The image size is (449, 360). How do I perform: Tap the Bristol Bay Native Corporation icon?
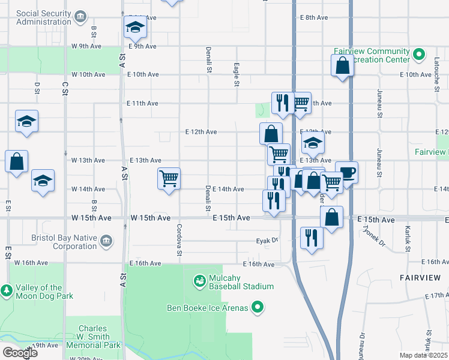pyautogui.click(x=106, y=241)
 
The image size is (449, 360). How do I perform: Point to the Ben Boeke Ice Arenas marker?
pyautogui.click(x=258, y=308)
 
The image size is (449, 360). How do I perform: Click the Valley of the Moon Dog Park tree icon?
pyautogui.click(x=7, y=291)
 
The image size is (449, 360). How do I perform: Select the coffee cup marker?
pyautogui.click(x=346, y=173)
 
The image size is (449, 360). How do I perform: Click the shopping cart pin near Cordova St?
pyautogui.click(x=169, y=179)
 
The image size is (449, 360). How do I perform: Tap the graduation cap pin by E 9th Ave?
pyautogui.click(x=135, y=27)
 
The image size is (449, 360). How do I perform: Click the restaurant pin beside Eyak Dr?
pyautogui.click(x=311, y=238)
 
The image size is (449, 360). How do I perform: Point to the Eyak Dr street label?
pyautogui.click(x=267, y=241)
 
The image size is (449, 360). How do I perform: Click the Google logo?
pyautogui.click(x=20, y=353)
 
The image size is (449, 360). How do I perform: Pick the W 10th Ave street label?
pyautogui.click(x=88, y=74)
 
